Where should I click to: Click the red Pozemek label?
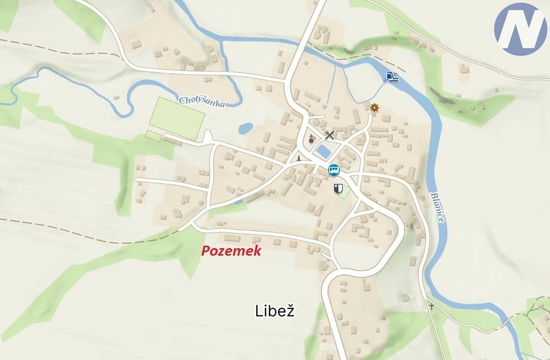[x=231, y=251]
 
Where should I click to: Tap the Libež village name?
[x=275, y=311]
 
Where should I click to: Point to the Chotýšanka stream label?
[x=202, y=101]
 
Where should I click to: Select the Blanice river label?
[x=437, y=207]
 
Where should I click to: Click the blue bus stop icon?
[x=334, y=170]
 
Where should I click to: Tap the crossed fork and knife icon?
[x=330, y=135]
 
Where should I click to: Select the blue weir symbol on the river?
[x=390, y=76]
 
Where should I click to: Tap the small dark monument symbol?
[x=298, y=159]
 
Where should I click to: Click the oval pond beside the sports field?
[x=246, y=129]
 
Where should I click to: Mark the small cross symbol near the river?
[x=432, y=306]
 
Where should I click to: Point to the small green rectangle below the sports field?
[x=153, y=135]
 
